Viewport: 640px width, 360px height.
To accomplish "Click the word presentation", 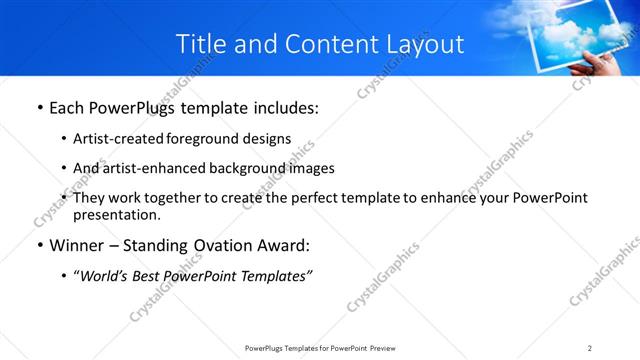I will (x=116, y=214).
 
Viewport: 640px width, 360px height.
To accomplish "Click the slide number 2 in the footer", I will (x=590, y=348).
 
